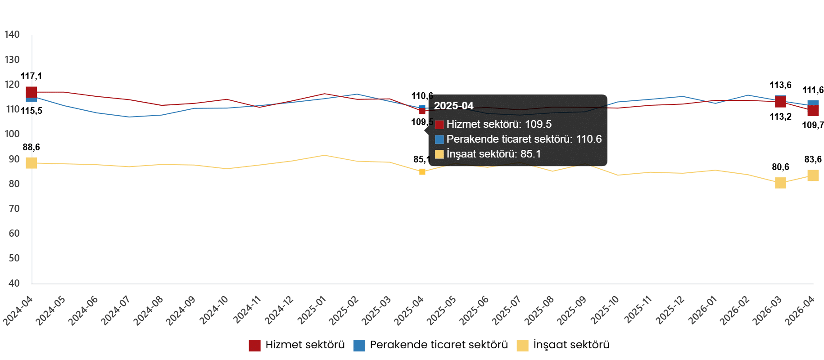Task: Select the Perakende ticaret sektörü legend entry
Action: click(431, 345)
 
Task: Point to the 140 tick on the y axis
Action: click(12, 35)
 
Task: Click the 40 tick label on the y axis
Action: click(14, 283)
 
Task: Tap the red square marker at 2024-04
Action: click(31, 92)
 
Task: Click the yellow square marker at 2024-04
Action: click(31, 163)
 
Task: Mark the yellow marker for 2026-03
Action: click(780, 183)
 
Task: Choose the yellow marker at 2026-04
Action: click(813, 175)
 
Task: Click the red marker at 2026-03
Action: click(780, 102)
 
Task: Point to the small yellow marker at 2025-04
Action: click(422, 171)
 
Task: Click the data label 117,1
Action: click(31, 76)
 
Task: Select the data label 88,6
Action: click(31, 147)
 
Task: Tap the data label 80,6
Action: click(780, 167)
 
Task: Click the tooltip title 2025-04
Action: click(453, 106)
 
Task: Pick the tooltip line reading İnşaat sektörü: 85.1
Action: click(493, 154)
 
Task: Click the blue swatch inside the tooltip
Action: click(439, 139)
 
